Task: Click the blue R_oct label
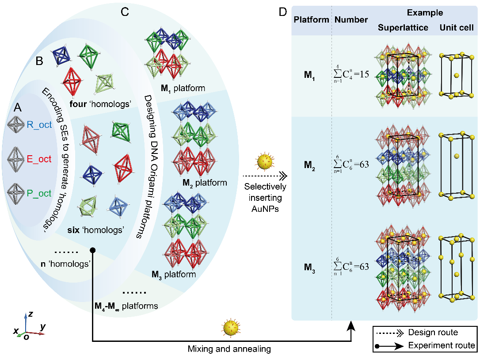coord(39,125)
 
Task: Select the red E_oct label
coord(39,159)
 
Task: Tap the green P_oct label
coord(39,193)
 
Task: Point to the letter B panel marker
coord(39,61)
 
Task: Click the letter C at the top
coord(125,12)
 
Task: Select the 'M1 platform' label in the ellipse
coord(183,88)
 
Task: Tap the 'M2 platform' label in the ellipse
coord(205,183)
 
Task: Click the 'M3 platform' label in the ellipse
coord(174,275)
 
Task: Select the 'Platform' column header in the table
coord(312,20)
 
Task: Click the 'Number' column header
coord(351,20)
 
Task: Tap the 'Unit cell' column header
coord(457,28)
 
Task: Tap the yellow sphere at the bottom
coord(231,328)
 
